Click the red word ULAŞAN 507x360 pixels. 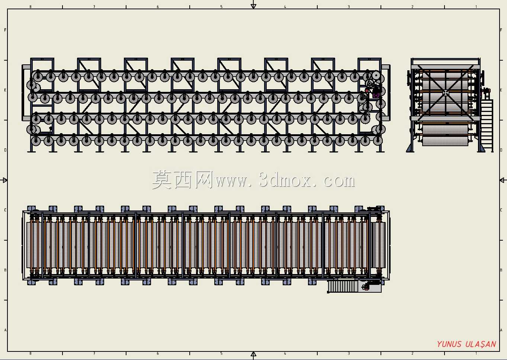[481, 344]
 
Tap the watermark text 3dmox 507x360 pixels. [285, 180]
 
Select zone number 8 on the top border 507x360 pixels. [31, 7]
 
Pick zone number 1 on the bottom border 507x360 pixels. [476, 353]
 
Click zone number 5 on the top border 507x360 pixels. [221, 7]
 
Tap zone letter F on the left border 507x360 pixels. [5, 30]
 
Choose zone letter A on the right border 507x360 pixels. [501, 330]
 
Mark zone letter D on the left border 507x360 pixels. [5, 150]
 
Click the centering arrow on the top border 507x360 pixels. [254, 6]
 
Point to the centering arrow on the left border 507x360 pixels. [5, 180]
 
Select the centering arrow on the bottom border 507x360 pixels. [254, 354]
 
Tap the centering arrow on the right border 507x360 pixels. [502, 180]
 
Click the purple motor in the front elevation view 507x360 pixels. [376, 94]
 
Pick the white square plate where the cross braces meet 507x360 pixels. [445, 93]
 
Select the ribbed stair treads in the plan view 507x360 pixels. [343, 286]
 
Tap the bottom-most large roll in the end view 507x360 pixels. [445, 141]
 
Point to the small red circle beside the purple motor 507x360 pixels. [367, 91]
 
